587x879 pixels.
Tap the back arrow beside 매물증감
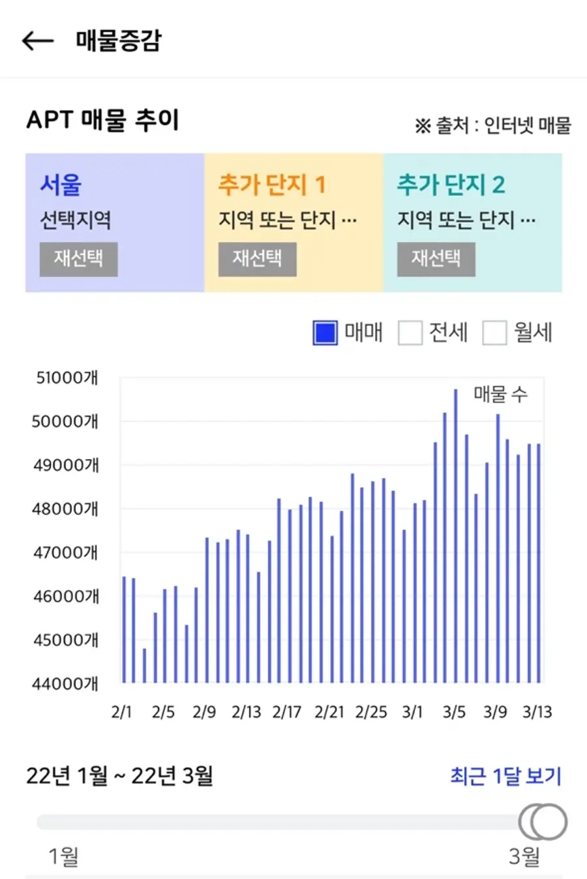tap(38, 40)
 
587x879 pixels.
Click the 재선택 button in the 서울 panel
tap(78, 259)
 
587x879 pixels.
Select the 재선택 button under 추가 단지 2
tap(436, 259)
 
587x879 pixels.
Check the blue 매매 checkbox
tap(325, 333)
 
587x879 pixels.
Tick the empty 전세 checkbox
tap(410, 333)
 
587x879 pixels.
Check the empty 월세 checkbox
tap(494, 333)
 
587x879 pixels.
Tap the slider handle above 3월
tap(543, 822)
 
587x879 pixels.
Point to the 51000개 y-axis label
tap(67, 378)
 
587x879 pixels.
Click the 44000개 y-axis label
tap(65, 683)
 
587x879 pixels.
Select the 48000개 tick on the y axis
tap(65, 509)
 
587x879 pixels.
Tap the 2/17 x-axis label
tap(287, 712)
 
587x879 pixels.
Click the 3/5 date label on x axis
tap(454, 712)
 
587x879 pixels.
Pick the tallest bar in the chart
tap(455, 536)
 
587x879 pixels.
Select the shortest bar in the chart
tap(144, 666)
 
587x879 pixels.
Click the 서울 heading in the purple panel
tap(61, 185)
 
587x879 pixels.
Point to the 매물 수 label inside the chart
tap(501, 394)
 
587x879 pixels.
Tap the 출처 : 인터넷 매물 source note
tap(493, 126)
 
